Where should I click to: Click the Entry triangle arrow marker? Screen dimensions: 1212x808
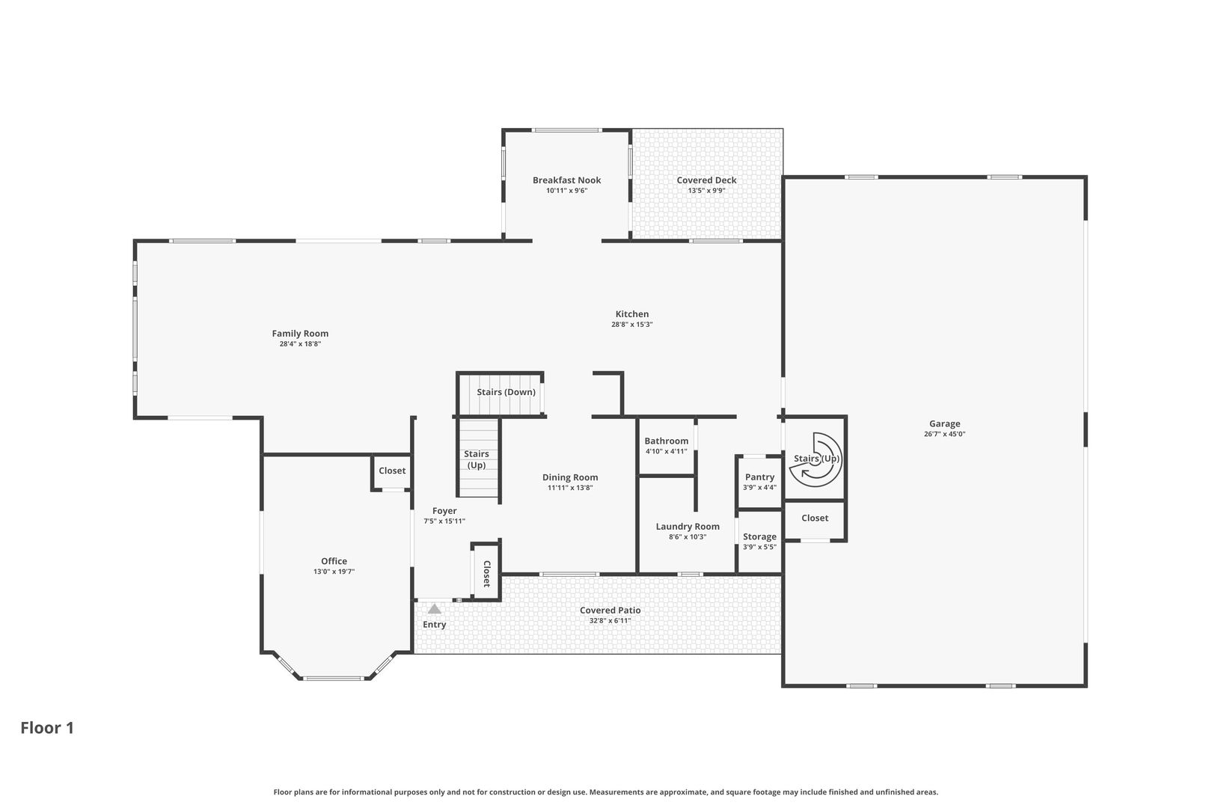(435, 609)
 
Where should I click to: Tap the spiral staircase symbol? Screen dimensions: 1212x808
(816, 460)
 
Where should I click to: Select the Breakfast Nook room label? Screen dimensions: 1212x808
(566, 180)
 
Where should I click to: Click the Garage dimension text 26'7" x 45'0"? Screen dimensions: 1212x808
(945, 434)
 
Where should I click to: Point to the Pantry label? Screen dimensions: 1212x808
(759, 477)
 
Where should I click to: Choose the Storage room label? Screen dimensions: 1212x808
(759, 536)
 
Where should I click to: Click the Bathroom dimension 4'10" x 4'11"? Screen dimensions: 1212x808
(667, 451)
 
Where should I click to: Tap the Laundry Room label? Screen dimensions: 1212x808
(688, 527)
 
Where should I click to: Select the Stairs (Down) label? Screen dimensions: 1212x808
(506, 392)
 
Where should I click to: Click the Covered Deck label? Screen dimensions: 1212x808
(707, 180)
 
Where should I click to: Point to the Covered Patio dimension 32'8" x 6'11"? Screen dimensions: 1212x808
(610, 621)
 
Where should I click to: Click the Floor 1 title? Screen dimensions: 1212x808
(47, 728)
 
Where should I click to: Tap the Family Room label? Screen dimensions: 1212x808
(300, 334)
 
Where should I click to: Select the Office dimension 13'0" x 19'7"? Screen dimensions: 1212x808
(334, 572)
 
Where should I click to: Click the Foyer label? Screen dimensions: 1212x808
(444, 511)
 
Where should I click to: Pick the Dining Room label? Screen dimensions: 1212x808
(570, 477)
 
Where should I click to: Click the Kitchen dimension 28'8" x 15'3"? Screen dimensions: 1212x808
(632, 325)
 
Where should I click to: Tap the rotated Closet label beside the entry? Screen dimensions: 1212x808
(486, 575)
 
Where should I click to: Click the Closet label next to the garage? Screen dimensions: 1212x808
(815, 518)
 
